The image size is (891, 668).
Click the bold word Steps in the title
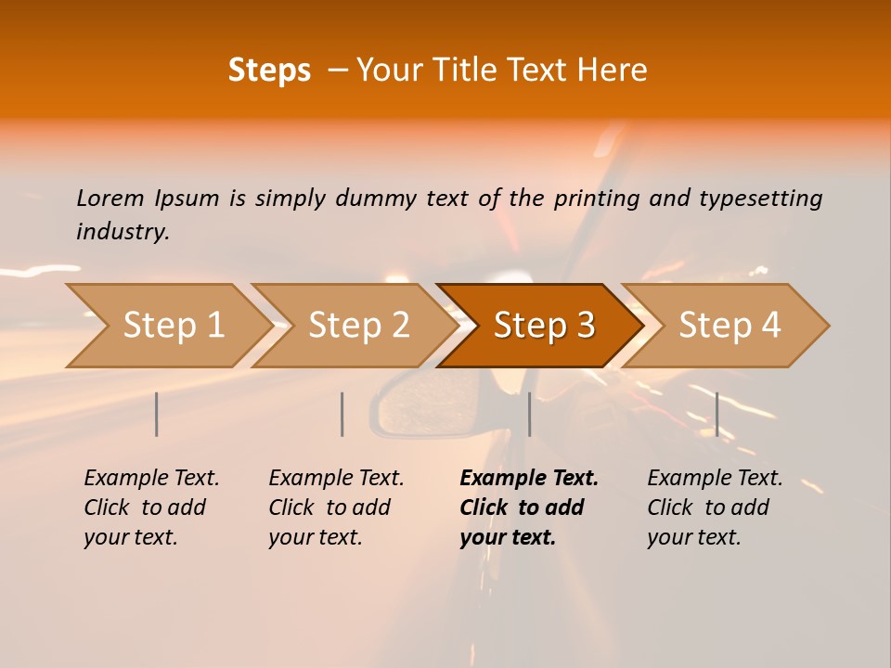269,71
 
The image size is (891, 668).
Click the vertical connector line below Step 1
156,414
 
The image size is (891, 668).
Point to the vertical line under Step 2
342,414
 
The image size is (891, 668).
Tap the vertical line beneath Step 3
529,414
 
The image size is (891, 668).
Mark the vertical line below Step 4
717,414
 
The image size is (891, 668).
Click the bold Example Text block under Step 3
528,507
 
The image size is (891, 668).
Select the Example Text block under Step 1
150,507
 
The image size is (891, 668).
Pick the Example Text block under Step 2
335,507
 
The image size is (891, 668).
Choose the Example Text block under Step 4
714,507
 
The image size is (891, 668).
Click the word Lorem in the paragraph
110,198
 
